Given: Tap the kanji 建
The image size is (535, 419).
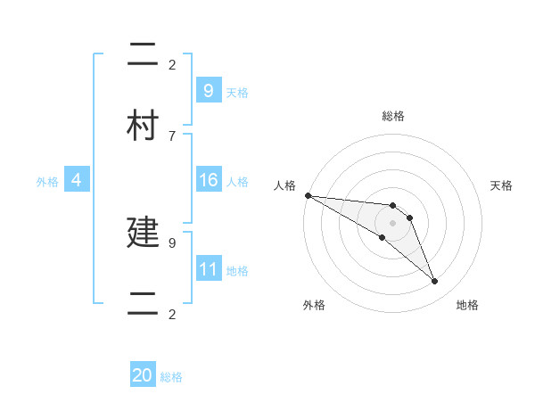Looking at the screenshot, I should click(144, 232).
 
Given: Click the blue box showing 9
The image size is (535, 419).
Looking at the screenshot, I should click(208, 90).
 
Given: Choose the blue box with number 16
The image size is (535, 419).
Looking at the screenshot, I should click(208, 180).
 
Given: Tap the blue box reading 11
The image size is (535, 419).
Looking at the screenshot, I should click(208, 269).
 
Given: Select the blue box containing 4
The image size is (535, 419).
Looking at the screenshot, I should click(76, 180).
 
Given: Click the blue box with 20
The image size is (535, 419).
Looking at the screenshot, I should click(143, 375).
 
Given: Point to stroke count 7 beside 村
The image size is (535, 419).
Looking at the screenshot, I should click(172, 136).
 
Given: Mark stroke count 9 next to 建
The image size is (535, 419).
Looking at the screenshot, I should click(172, 241).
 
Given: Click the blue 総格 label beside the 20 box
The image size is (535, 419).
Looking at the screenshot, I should click(171, 377).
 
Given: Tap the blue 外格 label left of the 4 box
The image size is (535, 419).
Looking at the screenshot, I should click(47, 181).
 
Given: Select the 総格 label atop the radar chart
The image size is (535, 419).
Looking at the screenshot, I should click(393, 116).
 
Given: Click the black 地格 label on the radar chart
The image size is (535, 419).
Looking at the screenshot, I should click(467, 305).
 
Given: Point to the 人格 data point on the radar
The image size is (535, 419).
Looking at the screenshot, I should click(308, 195).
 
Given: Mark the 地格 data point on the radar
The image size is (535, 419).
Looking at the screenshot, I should click(435, 282).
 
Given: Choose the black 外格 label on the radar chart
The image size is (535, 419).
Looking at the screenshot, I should click(314, 305).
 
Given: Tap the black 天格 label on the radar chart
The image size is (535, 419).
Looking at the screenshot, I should click(502, 185).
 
